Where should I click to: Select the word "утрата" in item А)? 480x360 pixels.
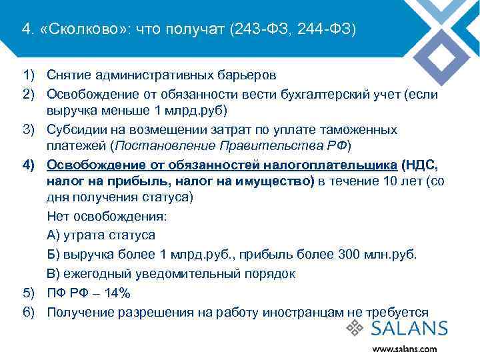point(82,235)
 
